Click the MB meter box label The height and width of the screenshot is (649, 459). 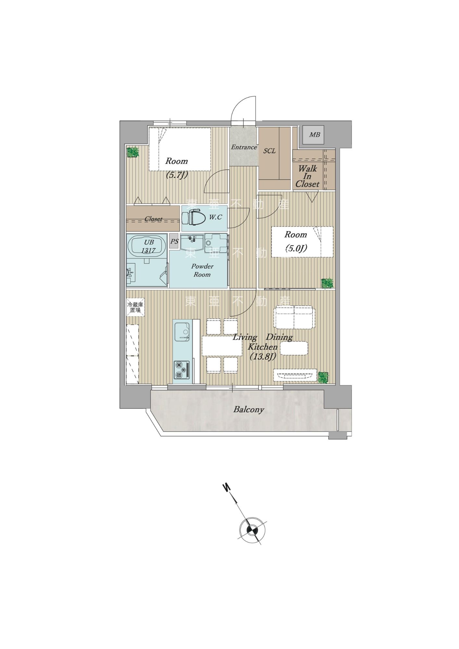(314, 135)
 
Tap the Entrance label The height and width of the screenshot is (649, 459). (244, 147)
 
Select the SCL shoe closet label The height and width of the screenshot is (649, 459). (269, 151)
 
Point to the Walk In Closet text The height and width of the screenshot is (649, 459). (307, 176)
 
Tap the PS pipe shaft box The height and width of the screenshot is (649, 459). (174, 241)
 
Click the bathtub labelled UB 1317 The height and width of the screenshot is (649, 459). (147, 246)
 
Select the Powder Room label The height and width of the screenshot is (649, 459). (202, 270)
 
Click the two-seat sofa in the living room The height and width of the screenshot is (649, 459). (294, 317)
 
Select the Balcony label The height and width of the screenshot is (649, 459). (249, 410)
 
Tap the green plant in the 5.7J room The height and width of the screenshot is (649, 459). (132, 152)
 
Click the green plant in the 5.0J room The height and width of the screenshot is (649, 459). (327, 283)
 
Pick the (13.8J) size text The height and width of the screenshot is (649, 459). (263, 356)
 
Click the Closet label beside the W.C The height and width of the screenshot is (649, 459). (154, 219)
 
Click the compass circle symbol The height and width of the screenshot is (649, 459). (253, 531)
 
